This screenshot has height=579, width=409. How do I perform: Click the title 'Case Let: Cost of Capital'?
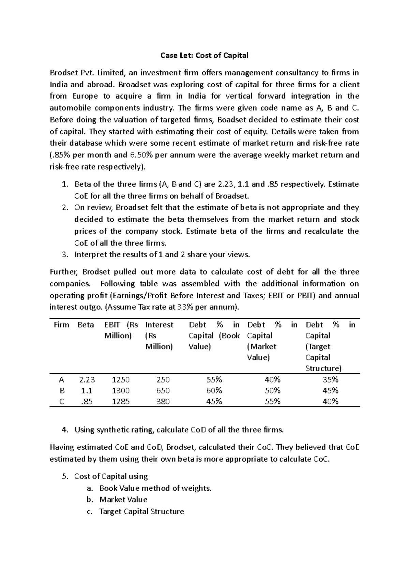pyautogui.click(x=204, y=55)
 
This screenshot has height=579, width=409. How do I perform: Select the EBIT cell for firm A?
pyautogui.click(x=121, y=380)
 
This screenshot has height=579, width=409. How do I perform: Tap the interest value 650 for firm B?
pyautogui.click(x=163, y=390)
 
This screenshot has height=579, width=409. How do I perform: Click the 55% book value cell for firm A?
pyautogui.click(x=214, y=380)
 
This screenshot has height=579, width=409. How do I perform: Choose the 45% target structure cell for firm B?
pyautogui.click(x=330, y=390)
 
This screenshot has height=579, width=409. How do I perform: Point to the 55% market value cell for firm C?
pyautogui.click(x=273, y=401)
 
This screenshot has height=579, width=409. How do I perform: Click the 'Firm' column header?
pyautogui.click(x=61, y=325)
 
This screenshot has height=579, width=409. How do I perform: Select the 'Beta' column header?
pyautogui.click(x=86, y=325)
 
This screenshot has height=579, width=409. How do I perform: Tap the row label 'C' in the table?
pyautogui.click(x=61, y=401)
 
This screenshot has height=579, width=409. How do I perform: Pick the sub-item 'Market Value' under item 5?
pyautogui.click(x=123, y=500)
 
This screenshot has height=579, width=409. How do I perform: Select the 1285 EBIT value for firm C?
pyautogui.click(x=121, y=401)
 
